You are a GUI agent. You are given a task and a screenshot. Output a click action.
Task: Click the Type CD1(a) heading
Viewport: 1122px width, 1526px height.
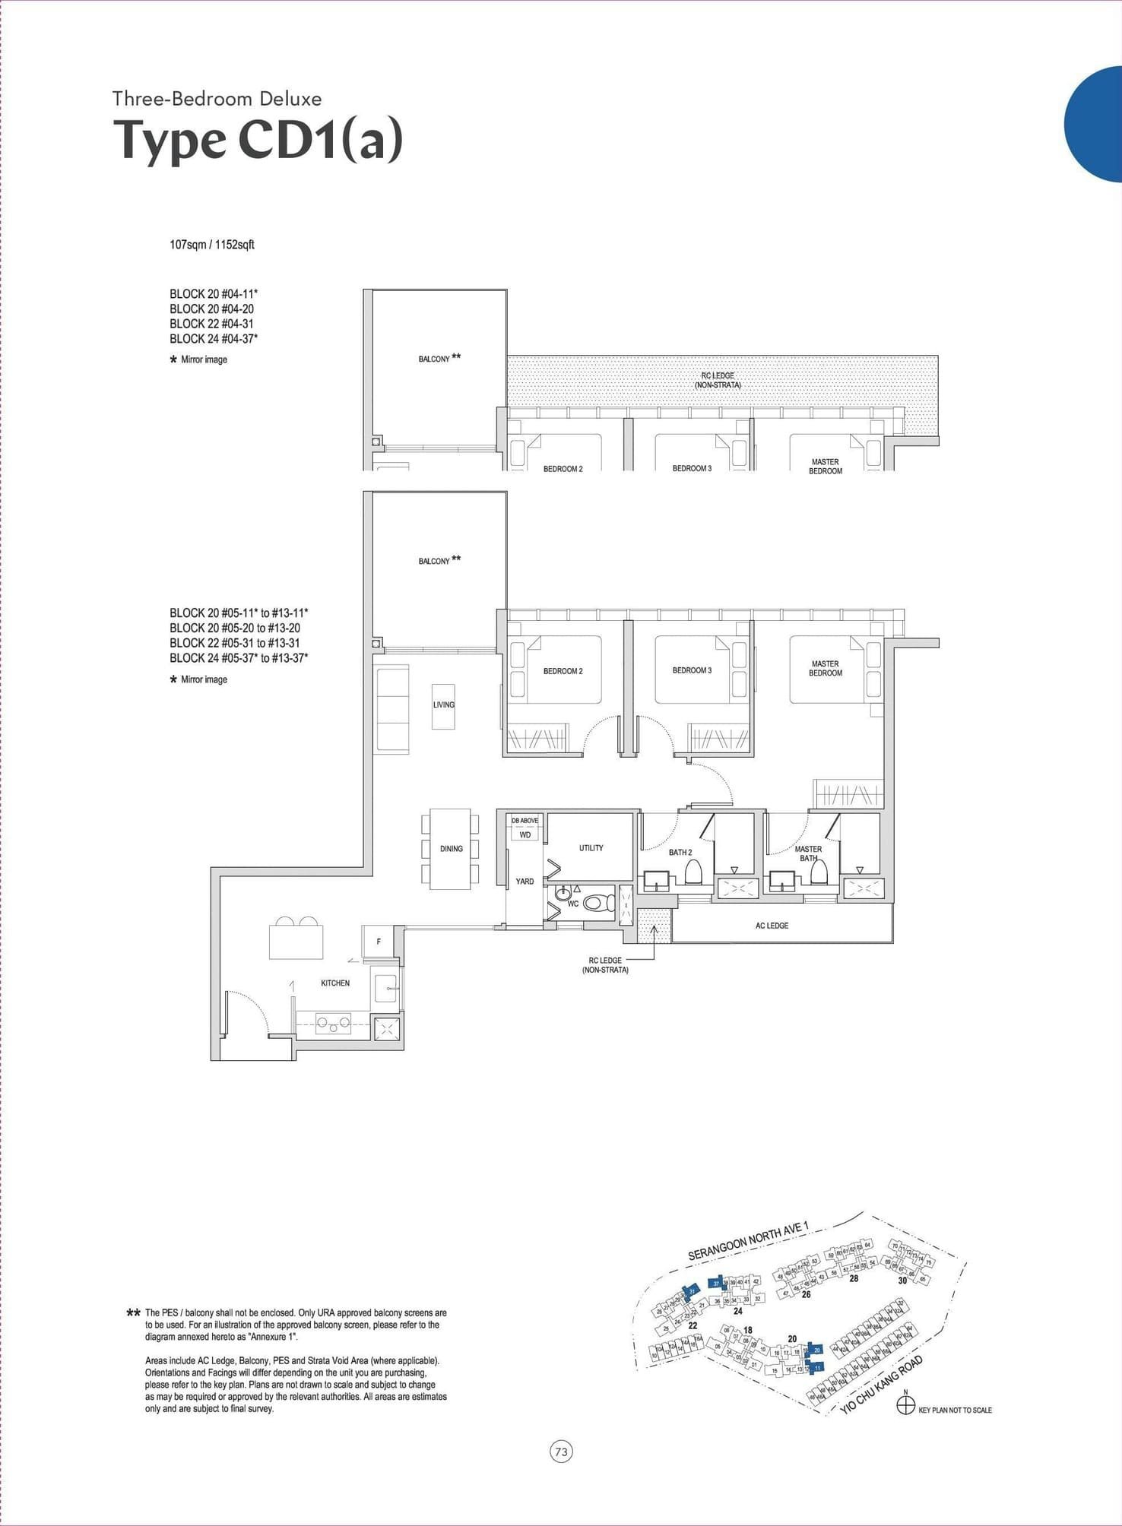258,141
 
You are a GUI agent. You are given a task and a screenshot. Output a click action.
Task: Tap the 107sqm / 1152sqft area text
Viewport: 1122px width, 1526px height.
212,245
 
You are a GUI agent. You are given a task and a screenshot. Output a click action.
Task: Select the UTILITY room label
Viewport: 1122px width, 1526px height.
591,847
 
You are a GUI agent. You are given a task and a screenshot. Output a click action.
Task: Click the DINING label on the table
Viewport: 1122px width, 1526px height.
451,848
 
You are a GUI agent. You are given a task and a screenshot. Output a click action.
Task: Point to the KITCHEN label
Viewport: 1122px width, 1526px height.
335,983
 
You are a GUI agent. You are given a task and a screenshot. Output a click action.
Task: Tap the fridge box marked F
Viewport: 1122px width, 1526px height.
379,942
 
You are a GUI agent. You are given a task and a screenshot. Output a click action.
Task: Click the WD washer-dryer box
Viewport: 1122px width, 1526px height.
525,834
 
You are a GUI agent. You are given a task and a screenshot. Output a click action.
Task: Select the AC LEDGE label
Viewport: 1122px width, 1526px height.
772,926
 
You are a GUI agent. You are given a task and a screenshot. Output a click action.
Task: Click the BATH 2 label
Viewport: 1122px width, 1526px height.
680,852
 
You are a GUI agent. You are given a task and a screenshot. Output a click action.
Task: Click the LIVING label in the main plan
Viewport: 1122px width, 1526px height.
444,704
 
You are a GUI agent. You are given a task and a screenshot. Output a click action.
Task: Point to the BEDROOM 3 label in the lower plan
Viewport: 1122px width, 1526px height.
692,670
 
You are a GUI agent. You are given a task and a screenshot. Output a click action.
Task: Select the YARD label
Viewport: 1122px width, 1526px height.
525,881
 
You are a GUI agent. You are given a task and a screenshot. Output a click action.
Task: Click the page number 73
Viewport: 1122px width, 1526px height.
561,1452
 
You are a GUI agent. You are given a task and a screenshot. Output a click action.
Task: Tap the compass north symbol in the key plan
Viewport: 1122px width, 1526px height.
905,1405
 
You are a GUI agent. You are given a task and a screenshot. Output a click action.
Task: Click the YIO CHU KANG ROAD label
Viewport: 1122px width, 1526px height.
882,1384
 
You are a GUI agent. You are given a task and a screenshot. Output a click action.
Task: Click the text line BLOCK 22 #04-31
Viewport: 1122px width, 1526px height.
211,324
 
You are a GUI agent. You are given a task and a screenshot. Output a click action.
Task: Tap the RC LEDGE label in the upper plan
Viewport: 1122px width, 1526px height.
718,380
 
